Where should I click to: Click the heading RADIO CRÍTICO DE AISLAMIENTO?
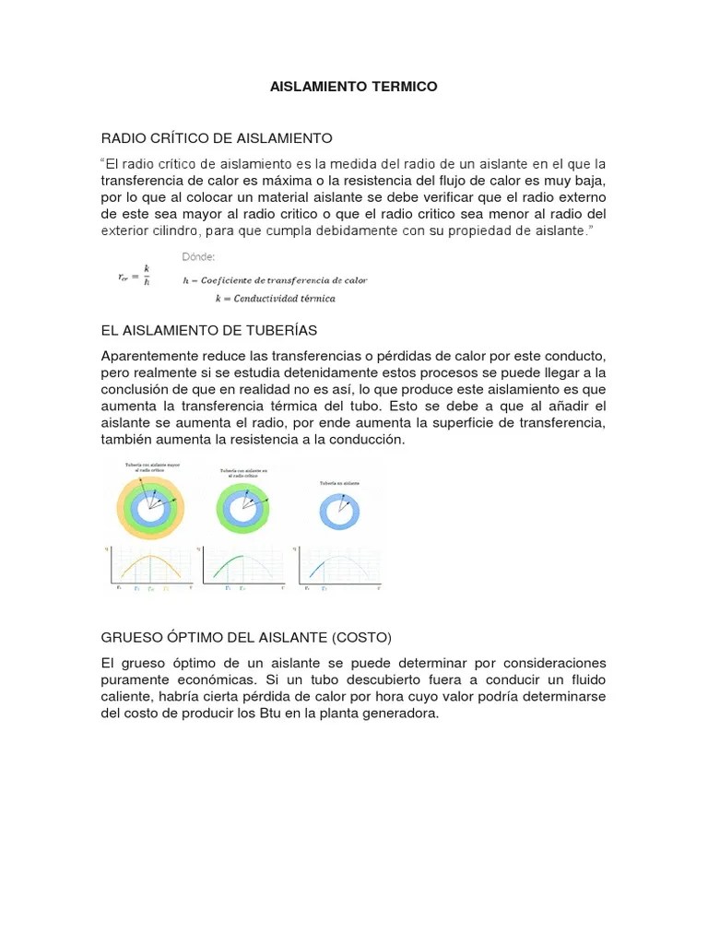(x=216, y=138)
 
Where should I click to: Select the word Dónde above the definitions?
(x=198, y=255)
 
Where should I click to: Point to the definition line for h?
(x=275, y=279)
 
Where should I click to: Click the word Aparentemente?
(x=151, y=356)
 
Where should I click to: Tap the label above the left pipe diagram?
(x=150, y=467)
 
